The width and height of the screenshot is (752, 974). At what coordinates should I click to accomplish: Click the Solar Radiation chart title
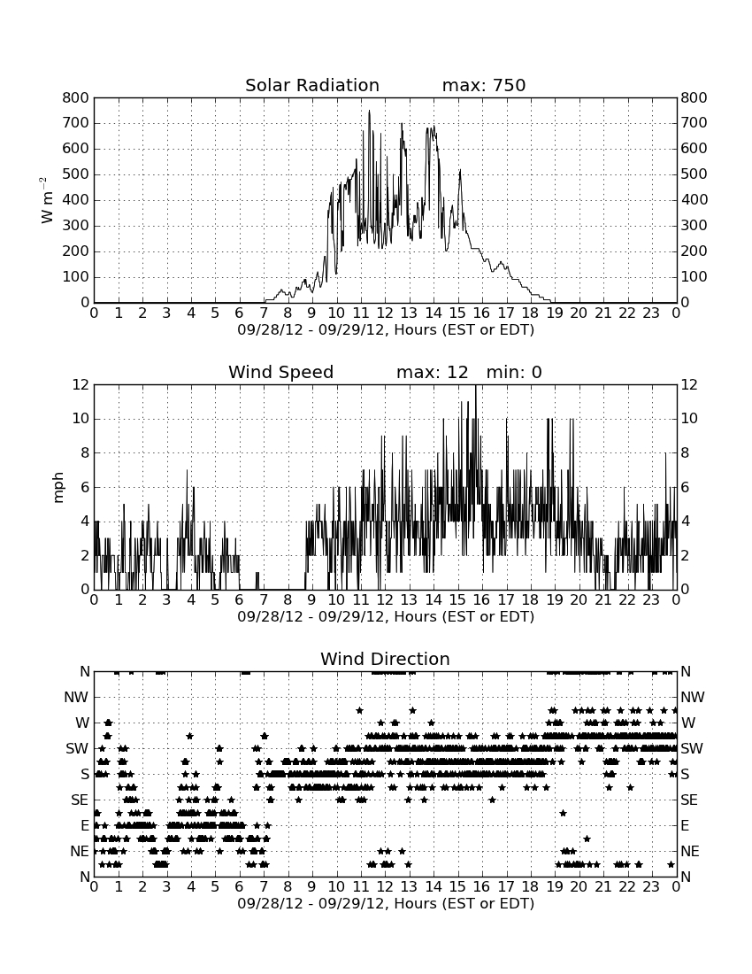point(312,85)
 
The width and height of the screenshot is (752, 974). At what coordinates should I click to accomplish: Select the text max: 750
point(484,85)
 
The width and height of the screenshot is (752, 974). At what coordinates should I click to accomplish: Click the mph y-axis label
point(58,488)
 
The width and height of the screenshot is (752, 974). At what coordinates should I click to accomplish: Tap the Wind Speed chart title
point(281,372)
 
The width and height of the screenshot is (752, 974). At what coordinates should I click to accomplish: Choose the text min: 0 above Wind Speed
point(514,372)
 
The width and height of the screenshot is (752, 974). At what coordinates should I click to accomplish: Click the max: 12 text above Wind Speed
point(433,372)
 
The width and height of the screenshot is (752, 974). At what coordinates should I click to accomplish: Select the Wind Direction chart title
point(386,659)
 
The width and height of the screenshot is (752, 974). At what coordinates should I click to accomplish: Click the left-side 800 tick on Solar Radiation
point(76,97)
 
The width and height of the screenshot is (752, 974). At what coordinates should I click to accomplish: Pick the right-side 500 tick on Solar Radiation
point(694,174)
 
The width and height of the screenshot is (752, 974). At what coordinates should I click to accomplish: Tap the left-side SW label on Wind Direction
point(78,748)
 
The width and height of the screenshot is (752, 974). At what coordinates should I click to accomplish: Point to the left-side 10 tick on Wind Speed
point(81,419)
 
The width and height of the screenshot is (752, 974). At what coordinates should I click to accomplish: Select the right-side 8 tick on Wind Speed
point(685,452)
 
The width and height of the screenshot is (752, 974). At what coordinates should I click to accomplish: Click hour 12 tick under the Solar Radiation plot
point(385,313)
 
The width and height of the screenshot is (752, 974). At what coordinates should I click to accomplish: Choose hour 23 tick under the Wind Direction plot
point(651,887)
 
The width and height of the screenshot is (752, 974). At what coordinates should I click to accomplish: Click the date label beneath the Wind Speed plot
point(386,617)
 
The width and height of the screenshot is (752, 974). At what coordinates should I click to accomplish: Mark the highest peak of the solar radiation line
point(369,111)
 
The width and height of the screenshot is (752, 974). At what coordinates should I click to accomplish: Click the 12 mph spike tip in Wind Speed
point(476,385)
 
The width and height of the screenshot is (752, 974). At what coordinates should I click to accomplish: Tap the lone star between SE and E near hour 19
point(563,813)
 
